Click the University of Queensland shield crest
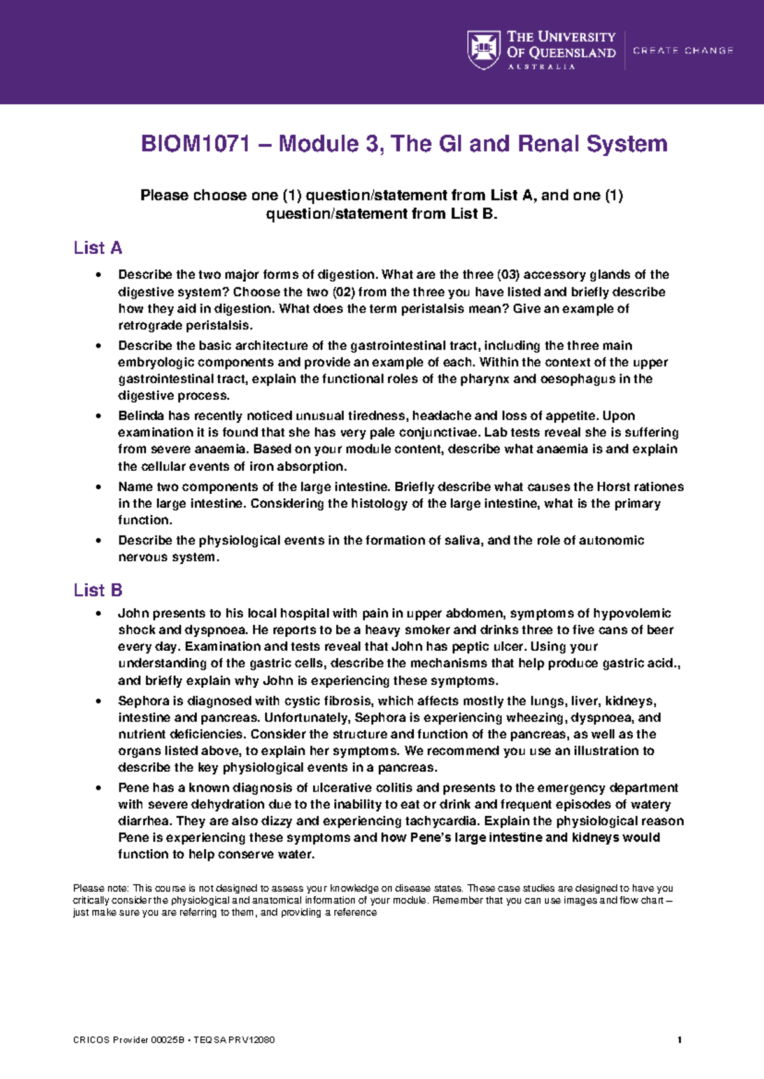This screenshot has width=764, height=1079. (484, 50)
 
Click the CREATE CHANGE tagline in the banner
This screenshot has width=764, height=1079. (683, 50)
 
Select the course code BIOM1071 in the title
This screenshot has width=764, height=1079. (195, 144)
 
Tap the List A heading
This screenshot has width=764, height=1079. (97, 247)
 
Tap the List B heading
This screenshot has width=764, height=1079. (97, 590)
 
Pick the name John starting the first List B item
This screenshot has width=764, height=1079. (132, 613)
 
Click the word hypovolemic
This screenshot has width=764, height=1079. (632, 613)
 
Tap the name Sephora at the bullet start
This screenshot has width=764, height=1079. (143, 701)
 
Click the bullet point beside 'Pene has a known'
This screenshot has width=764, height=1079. (97, 788)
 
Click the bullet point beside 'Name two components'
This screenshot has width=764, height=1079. (97, 487)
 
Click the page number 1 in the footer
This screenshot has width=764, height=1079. (680, 1040)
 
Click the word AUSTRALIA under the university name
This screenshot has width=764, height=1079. (541, 67)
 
